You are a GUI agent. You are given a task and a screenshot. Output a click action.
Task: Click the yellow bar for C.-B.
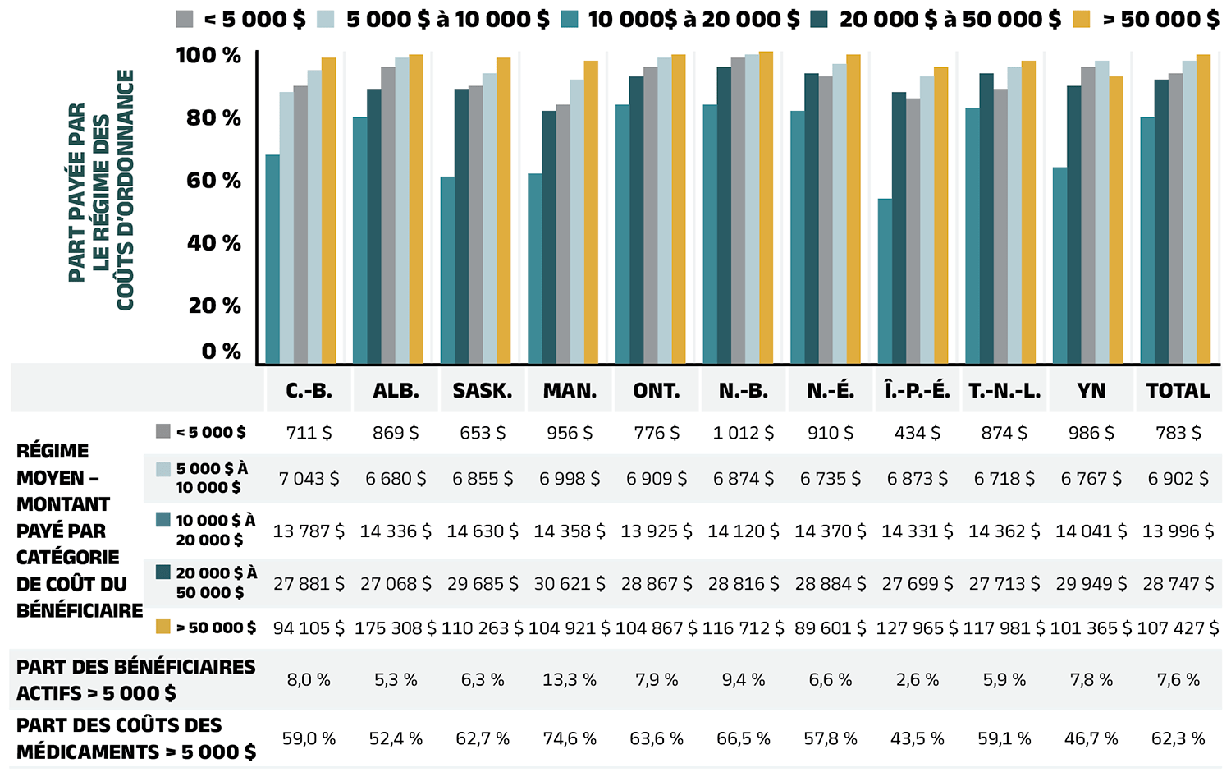328,211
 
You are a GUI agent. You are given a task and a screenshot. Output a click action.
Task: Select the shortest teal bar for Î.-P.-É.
885,281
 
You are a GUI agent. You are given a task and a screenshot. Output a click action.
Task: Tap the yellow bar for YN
1115,220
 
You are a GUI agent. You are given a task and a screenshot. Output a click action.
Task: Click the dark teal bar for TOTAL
1161,222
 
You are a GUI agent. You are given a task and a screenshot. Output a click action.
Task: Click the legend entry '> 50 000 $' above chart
1146,19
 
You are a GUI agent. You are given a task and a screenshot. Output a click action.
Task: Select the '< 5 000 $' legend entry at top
240,19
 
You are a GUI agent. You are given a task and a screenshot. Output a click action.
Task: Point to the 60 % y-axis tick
213,181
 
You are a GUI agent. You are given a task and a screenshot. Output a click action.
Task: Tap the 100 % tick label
208,56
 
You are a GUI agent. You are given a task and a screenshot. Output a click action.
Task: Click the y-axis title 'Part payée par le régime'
101,191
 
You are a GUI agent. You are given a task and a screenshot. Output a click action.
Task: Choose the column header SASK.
483,391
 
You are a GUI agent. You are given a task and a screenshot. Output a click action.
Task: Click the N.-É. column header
831,391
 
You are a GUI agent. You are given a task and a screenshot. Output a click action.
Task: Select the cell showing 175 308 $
396,628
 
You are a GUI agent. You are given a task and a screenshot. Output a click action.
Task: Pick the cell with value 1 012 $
744,433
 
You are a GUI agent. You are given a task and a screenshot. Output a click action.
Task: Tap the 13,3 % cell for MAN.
570,680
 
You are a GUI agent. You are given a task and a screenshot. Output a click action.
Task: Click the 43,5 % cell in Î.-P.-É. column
918,738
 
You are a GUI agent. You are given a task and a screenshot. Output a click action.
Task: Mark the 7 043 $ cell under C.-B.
309,478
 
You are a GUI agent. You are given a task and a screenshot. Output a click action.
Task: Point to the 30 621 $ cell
570,584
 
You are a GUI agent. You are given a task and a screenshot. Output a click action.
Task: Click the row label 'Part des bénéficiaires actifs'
135,680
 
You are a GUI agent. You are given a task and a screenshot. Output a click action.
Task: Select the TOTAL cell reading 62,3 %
1178,738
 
